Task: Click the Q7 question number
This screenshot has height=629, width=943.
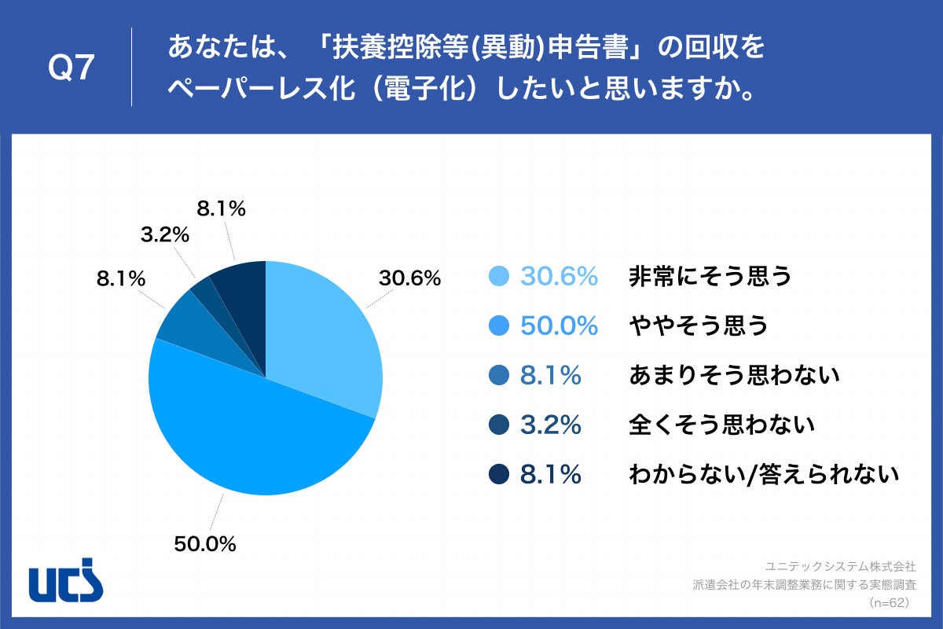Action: (72, 69)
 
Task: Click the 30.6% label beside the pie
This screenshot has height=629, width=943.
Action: (409, 278)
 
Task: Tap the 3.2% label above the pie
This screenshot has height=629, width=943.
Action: (165, 234)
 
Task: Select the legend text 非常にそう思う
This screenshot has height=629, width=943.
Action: (710, 277)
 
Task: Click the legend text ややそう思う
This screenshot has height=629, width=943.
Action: (698, 326)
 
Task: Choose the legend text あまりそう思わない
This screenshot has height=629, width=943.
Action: (735, 376)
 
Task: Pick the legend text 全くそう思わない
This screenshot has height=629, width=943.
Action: (721, 425)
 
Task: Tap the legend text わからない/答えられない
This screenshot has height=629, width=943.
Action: (763, 474)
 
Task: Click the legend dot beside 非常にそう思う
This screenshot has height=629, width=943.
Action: (499, 277)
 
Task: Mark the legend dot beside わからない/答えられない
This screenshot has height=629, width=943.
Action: (499, 474)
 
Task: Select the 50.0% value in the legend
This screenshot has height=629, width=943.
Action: (559, 326)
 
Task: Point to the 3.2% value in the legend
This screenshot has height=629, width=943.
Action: (550, 425)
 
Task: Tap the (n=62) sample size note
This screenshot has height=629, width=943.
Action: (890, 603)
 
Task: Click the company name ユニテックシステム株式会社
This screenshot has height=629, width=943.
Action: (840, 565)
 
